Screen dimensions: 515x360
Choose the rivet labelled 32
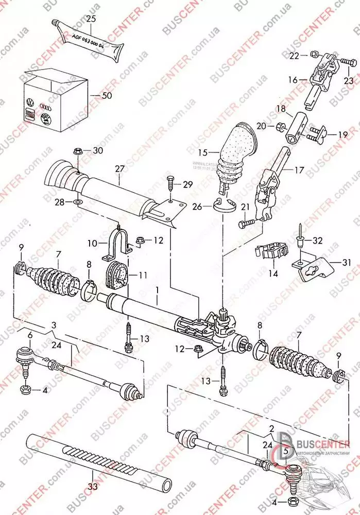coord(301,240)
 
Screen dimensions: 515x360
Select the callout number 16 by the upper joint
coord(294,80)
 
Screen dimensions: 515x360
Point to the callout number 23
coord(349,80)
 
